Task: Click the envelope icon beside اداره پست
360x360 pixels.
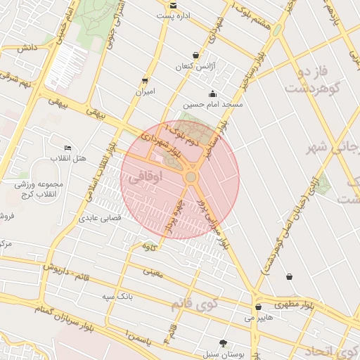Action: pyautogui.click(x=173, y=5)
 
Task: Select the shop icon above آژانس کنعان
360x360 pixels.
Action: pyautogui.click(x=195, y=56)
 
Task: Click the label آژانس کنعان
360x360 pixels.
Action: pyautogui.click(x=193, y=66)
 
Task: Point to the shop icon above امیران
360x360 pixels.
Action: pyautogui.click(x=145, y=81)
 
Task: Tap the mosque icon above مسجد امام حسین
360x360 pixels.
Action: pyautogui.click(x=212, y=94)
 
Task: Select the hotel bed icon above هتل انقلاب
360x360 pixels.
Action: pyautogui.click(x=67, y=148)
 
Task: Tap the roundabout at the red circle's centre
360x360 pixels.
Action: pyautogui.click(x=191, y=178)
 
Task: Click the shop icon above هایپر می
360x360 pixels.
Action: pyautogui.click(x=259, y=307)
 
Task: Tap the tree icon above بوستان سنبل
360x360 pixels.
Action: pyautogui.click(x=224, y=343)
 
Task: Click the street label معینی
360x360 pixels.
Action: pyautogui.click(x=152, y=271)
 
